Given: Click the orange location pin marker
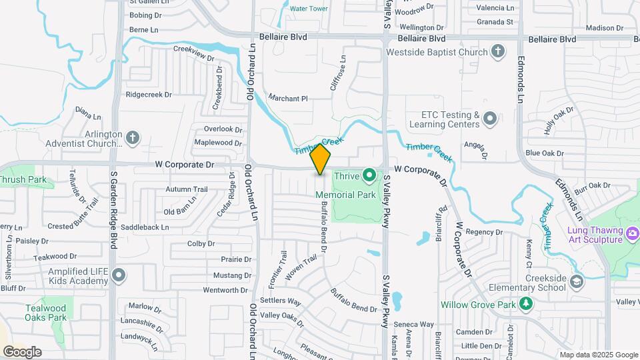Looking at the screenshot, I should click(320, 159).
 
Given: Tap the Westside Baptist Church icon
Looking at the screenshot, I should click(497, 51).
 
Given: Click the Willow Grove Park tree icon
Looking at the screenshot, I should click(527, 304).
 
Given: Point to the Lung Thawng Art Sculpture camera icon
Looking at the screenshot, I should click(632, 234).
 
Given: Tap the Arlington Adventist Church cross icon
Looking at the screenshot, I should click(133, 138).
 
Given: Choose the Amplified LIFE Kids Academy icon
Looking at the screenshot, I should click(119, 275).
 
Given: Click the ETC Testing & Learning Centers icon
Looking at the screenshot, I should click(490, 119).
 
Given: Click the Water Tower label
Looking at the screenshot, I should click(309, 9).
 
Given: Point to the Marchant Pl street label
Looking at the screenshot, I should click(287, 99).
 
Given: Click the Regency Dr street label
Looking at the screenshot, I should click(483, 231).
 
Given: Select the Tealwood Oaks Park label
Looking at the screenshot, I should click(46, 313).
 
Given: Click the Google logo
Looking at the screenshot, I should click(22, 352).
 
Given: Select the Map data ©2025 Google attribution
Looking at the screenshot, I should click(598, 355).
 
